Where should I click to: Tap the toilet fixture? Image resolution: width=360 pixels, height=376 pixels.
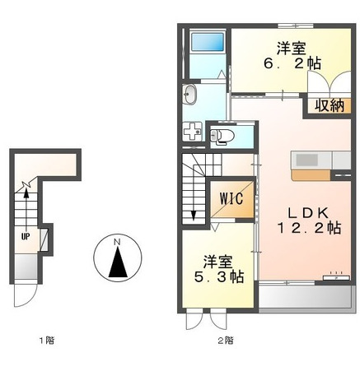point(222,136)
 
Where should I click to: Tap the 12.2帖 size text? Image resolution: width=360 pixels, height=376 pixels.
point(309,227)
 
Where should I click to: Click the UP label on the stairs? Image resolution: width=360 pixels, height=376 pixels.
point(25,233)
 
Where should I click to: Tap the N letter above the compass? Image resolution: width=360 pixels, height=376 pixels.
point(117,241)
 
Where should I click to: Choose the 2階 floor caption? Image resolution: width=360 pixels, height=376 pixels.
point(225,339)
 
